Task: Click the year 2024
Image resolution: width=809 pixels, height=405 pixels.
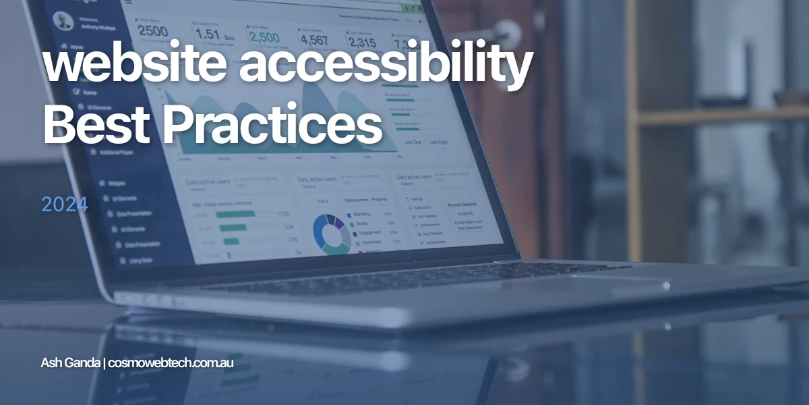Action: (x=65, y=205)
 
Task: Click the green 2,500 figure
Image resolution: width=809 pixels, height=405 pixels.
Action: (x=264, y=36)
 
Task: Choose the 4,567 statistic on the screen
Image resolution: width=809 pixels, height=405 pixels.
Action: (x=314, y=39)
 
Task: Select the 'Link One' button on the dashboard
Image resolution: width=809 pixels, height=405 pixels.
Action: (x=413, y=142)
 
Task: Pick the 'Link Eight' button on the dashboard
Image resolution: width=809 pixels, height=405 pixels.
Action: (x=438, y=142)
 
